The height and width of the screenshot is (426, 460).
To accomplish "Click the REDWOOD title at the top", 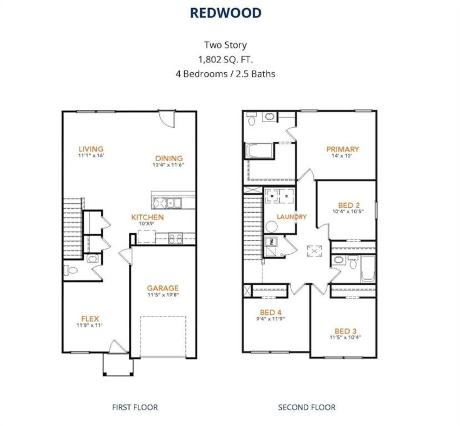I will click(x=225, y=13).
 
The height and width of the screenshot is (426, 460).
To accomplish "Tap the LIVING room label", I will click(x=91, y=149).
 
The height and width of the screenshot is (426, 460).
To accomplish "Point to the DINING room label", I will click(x=169, y=158).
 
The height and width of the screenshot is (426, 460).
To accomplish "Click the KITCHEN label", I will click(x=147, y=217).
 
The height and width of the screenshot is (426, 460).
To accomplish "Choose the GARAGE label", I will click(x=162, y=288).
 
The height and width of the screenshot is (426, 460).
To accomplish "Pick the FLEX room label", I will click(x=90, y=318).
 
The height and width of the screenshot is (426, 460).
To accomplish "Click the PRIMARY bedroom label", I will click(x=342, y=149).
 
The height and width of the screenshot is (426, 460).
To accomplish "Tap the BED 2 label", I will click(x=349, y=205).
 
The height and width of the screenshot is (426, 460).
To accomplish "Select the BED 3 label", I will click(x=345, y=331).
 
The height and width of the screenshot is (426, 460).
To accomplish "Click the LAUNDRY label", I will click(x=291, y=217).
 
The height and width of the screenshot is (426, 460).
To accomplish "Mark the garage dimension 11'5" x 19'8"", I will click(x=163, y=295).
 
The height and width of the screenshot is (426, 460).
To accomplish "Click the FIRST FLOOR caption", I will click(x=135, y=407).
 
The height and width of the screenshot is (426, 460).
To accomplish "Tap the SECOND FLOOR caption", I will click(x=307, y=407).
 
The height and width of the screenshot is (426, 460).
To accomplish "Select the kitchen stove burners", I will click(x=176, y=239).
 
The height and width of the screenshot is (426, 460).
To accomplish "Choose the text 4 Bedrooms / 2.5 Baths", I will click(x=225, y=74).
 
